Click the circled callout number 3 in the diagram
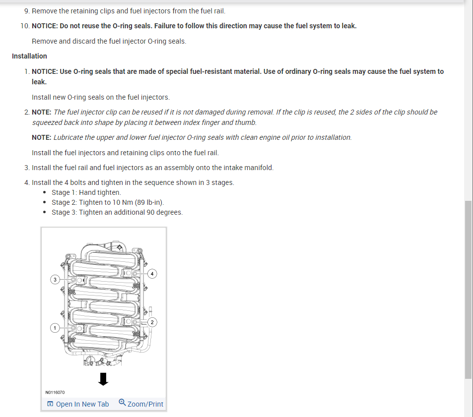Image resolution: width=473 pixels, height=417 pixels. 55,280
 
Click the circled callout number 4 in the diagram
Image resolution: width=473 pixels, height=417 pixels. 152,274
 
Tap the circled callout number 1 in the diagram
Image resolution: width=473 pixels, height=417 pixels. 55,328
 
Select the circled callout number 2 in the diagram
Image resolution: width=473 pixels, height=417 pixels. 152,322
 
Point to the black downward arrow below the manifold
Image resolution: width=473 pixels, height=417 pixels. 103,379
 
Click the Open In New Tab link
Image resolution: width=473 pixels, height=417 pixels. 82,404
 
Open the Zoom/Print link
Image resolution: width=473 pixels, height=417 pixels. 145,404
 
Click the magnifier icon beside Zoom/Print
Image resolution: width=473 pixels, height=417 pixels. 122,403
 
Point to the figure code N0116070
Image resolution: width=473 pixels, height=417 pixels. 55,392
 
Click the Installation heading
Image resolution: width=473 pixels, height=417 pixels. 29,56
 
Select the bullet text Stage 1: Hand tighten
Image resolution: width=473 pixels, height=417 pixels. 86,192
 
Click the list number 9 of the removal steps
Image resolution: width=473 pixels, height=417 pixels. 26,10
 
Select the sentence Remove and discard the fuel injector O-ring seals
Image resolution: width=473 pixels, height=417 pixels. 109,41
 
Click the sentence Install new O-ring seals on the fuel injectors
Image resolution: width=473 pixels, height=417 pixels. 100,97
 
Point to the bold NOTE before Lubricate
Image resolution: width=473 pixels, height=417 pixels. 42,137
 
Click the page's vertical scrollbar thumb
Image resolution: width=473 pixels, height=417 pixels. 468,290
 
